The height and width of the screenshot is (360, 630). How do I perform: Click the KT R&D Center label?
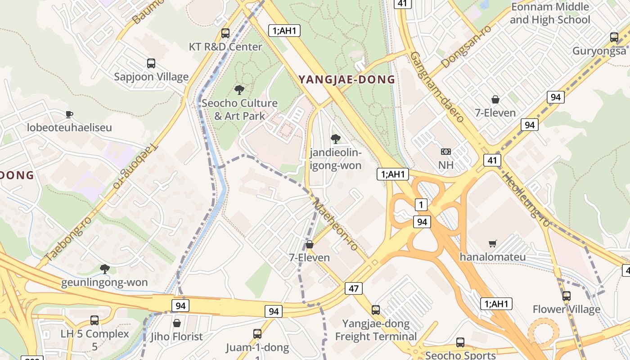tap(225, 47)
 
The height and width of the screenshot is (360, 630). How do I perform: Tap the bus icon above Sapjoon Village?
tap(151, 63)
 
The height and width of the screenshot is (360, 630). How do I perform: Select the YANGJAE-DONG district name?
tap(347, 80)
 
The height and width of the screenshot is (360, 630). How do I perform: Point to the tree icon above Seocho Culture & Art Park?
tap(239, 90)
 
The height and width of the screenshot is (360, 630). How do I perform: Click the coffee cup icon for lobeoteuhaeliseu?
tap(69, 114)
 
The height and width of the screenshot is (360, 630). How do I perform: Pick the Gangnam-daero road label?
tap(436, 87)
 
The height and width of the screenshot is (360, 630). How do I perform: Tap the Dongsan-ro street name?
tap(466, 47)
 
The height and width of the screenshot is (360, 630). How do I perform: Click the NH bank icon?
tap(446, 152)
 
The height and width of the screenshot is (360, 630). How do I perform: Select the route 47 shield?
tap(353, 288)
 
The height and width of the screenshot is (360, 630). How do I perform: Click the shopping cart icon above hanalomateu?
tap(493, 244)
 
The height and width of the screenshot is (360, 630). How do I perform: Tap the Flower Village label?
tap(566, 309)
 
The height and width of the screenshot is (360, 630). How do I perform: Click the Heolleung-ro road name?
tap(526, 200)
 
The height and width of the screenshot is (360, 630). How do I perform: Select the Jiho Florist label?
tap(177, 337)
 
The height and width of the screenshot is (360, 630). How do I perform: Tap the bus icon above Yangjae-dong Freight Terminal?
tap(376, 310)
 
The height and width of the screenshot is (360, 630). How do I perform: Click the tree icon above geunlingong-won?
tap(105, 269)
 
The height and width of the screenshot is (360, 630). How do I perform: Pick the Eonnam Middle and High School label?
tap(550, 13)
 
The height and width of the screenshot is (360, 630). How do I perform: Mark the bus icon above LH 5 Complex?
tap(94, 320)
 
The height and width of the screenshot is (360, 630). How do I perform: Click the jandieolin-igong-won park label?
tap(336, 159)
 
